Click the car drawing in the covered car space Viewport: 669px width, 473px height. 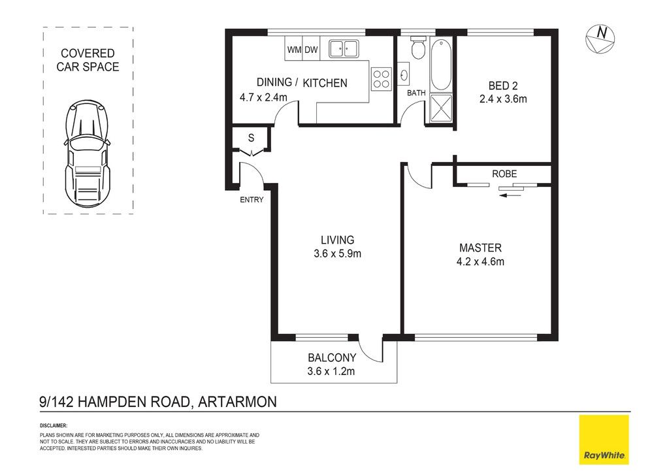coord(88,154)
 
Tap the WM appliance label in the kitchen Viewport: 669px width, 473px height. coord(294,50)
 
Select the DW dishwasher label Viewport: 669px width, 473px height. coord(311,50)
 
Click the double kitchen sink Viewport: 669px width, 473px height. coord(344,48)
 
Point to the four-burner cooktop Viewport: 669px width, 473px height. coord(382,79)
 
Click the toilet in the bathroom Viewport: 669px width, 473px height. coord(417,47)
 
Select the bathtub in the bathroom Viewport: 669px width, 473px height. coord(441,65)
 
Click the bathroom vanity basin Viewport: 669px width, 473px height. coord(404,76)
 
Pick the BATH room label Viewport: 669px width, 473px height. coord(416,93)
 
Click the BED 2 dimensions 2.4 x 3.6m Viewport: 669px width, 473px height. coord(503,99)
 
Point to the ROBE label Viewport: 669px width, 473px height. coord(504,174)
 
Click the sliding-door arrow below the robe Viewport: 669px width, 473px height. coord(510,195)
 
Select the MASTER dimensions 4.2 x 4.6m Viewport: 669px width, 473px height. coord(480,261)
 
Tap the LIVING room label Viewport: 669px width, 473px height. coord(338,240)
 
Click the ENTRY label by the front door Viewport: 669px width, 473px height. coord(252,200)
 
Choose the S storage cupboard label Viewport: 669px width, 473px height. coord(251,138)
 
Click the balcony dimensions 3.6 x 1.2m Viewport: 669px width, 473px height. coord(331,371)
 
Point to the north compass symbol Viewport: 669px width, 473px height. coord(600,39)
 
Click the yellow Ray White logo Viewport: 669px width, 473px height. coord(604,439)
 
